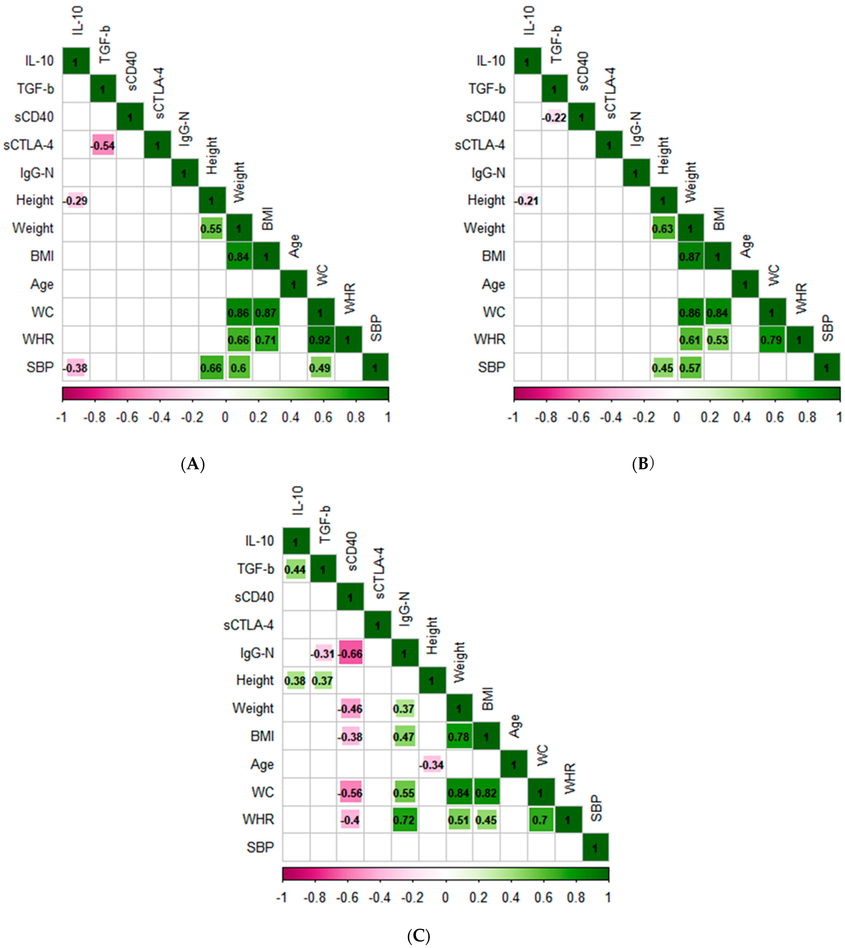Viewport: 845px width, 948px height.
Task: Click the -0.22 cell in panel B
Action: (554, 117)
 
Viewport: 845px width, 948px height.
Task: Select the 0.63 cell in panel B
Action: (663, 229)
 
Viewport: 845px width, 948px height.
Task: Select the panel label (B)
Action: (643, 464)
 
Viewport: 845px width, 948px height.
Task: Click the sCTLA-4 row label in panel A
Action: (29, 145)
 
